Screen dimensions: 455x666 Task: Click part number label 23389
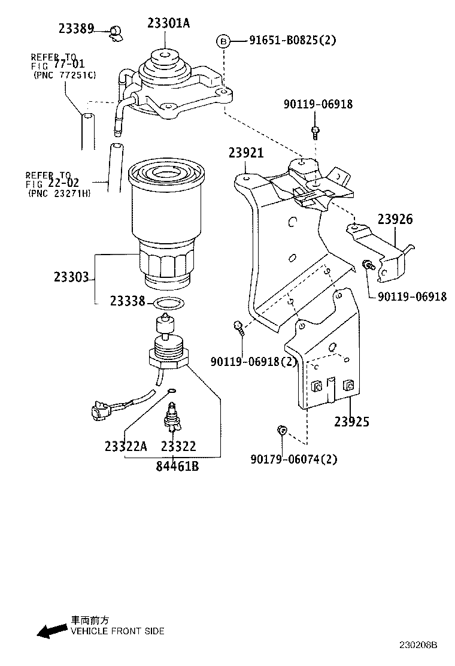(76, 29)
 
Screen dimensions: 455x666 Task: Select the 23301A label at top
(168, 23)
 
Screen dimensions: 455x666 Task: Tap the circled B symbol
(223, 42)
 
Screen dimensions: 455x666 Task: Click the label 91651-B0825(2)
(292, 40)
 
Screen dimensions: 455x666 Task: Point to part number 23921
(246, 153)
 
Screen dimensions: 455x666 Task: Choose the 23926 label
(395, 219)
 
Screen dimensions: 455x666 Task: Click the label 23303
(71, 277)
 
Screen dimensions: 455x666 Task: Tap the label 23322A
(126, 446)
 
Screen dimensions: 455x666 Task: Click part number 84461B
(177, 466)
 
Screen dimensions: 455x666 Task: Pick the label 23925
(352, 422)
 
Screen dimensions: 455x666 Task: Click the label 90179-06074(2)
(294, 459)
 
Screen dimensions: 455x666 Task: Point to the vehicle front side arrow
(51, 630)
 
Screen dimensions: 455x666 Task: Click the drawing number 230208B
(418, 645)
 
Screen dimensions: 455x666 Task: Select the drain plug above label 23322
(173, 416)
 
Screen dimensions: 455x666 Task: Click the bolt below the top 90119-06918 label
(316, 132)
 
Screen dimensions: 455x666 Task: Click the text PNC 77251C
(65, 75)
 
